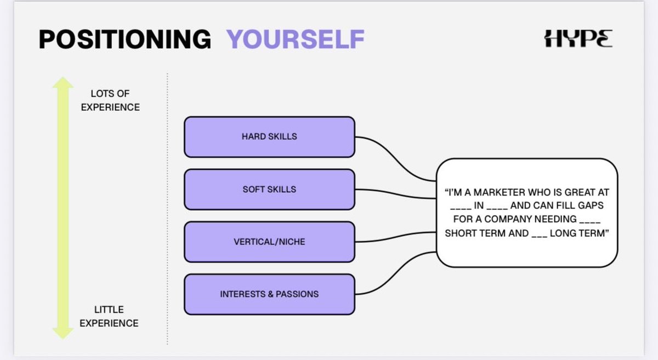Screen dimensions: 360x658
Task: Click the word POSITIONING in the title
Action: [x=125, y=39]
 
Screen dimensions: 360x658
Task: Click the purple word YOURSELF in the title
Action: [x=296, y=39]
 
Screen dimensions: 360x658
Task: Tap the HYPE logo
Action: [x=578, y=38]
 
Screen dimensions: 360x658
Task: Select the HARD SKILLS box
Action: [x=269, y=136]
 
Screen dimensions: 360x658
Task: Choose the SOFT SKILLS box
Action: [x=269, y=189]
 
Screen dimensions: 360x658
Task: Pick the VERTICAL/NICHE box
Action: [x=269, y=242]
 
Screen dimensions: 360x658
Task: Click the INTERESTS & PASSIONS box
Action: [x=269, y=294]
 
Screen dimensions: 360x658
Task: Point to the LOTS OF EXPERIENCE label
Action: [x=110, y=100]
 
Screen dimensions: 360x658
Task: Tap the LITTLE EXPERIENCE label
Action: [x=109, y=316]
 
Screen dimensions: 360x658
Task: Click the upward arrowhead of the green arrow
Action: [x=63, y=83]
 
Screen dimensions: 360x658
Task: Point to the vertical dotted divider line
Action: [x=167, y=208]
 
